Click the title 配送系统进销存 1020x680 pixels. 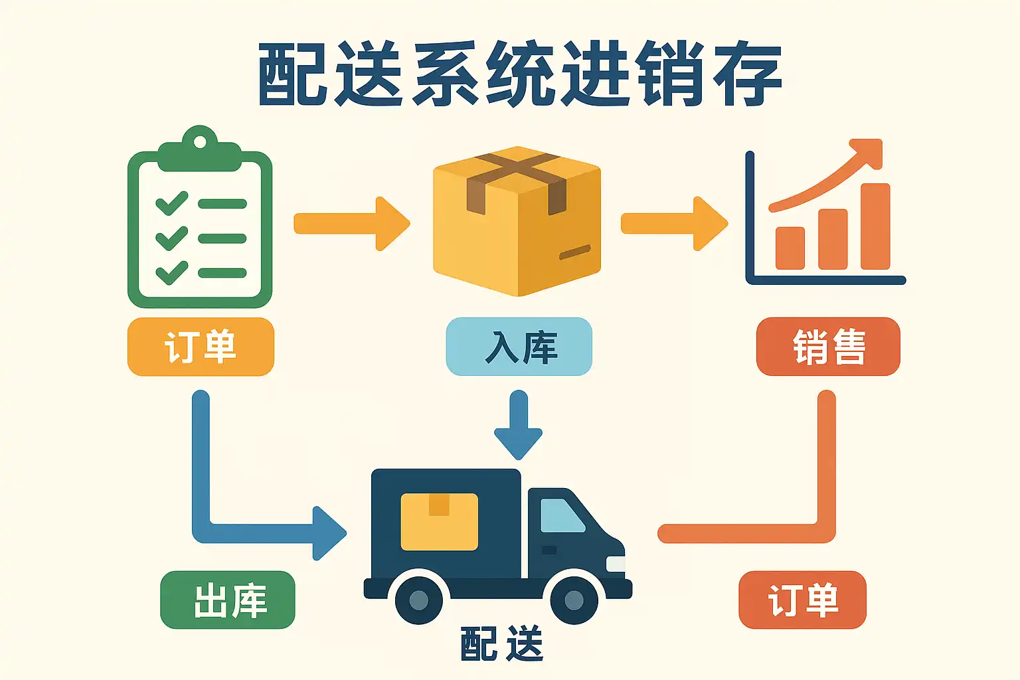click(x=519, y=74)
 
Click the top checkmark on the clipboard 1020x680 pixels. click(x=171, y=203)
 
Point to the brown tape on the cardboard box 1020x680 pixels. click(x=517, y=174)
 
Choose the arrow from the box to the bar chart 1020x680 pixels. click(x=673, y=223)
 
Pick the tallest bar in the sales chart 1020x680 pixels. click(x=875, y=226)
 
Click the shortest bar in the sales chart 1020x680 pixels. click(x=790, y=248)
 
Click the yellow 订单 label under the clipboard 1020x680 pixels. click(x=201, y=347)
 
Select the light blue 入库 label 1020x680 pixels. click(x=519, y=347)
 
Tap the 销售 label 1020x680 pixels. click(x=828, y=347)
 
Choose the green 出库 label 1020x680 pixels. click(x=228, y=600)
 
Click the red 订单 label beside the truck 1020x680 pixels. click(x=802, y=600)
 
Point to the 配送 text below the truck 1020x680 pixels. click(x=501, y=643)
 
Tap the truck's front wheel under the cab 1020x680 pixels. click(x=574, y=600)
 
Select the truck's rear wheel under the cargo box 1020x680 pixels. click(x=419, y=600)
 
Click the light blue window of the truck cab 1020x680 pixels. click(x=560, y=515)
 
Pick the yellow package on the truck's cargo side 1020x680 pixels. click(x=439, y=521)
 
